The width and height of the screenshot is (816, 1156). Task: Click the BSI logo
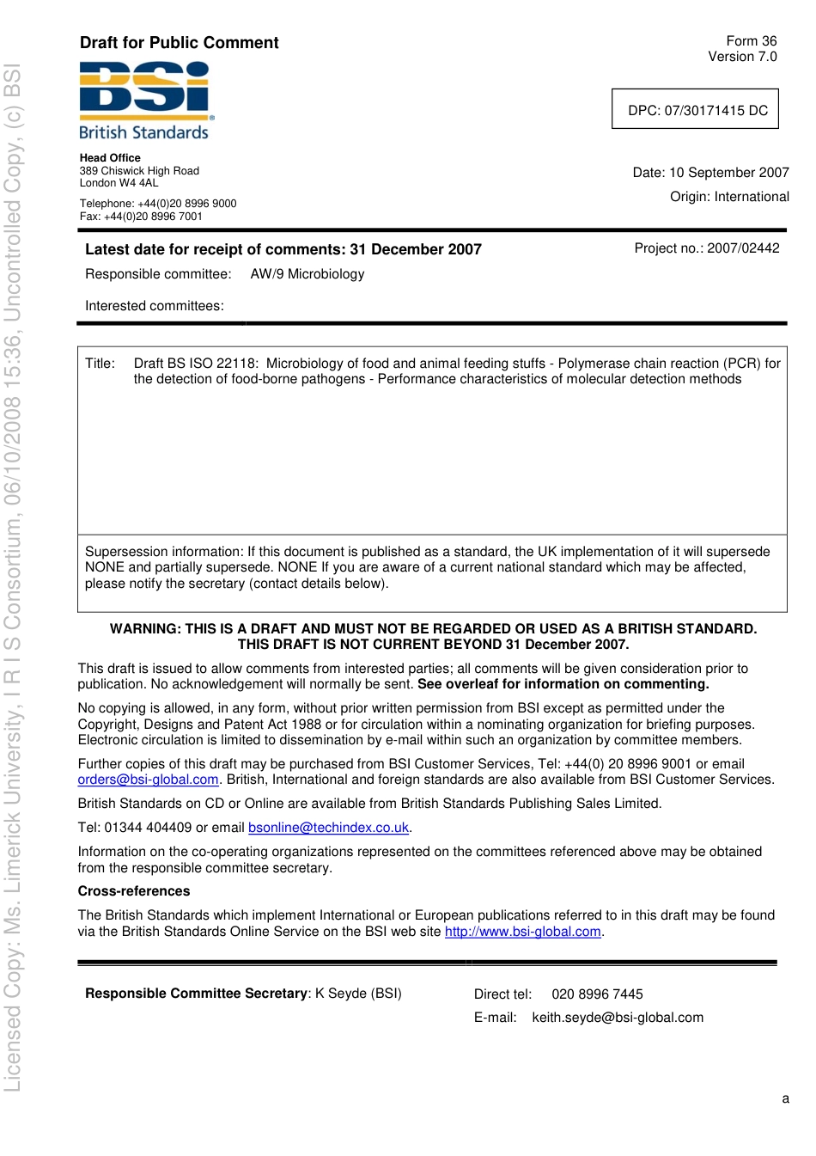144,100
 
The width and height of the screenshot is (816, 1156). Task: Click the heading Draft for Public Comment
179,43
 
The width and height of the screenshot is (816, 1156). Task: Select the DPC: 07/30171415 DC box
695,109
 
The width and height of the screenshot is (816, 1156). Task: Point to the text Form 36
751,41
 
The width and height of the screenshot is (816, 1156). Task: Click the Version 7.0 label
742,57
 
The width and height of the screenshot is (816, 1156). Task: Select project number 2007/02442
743,248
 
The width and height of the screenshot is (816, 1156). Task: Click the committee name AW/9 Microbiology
308,274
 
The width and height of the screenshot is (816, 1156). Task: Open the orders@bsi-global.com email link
148,780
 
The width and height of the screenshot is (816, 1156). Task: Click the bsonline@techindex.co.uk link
328,828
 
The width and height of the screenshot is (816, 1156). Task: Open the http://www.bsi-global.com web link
522,932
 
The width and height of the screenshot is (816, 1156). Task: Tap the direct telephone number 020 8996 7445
597,994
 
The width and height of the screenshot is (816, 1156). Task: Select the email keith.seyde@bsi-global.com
618,1018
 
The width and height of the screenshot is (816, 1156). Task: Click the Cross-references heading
134,891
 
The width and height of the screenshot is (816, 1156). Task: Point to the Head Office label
110,158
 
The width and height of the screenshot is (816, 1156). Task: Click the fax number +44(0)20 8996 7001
153,217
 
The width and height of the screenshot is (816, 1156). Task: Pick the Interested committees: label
155,306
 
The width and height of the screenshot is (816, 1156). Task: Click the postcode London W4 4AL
119,183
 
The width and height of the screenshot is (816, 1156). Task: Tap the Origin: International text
729,197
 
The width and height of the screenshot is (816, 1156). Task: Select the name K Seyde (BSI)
358,994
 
